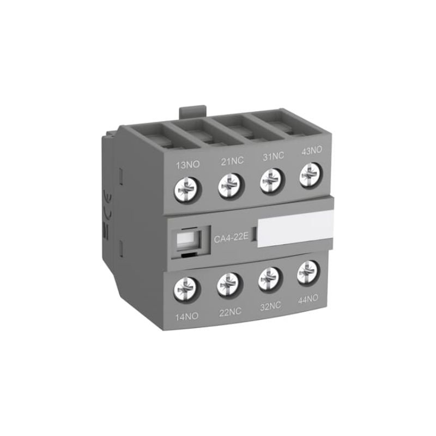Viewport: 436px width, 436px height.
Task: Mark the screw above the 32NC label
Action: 268,278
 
